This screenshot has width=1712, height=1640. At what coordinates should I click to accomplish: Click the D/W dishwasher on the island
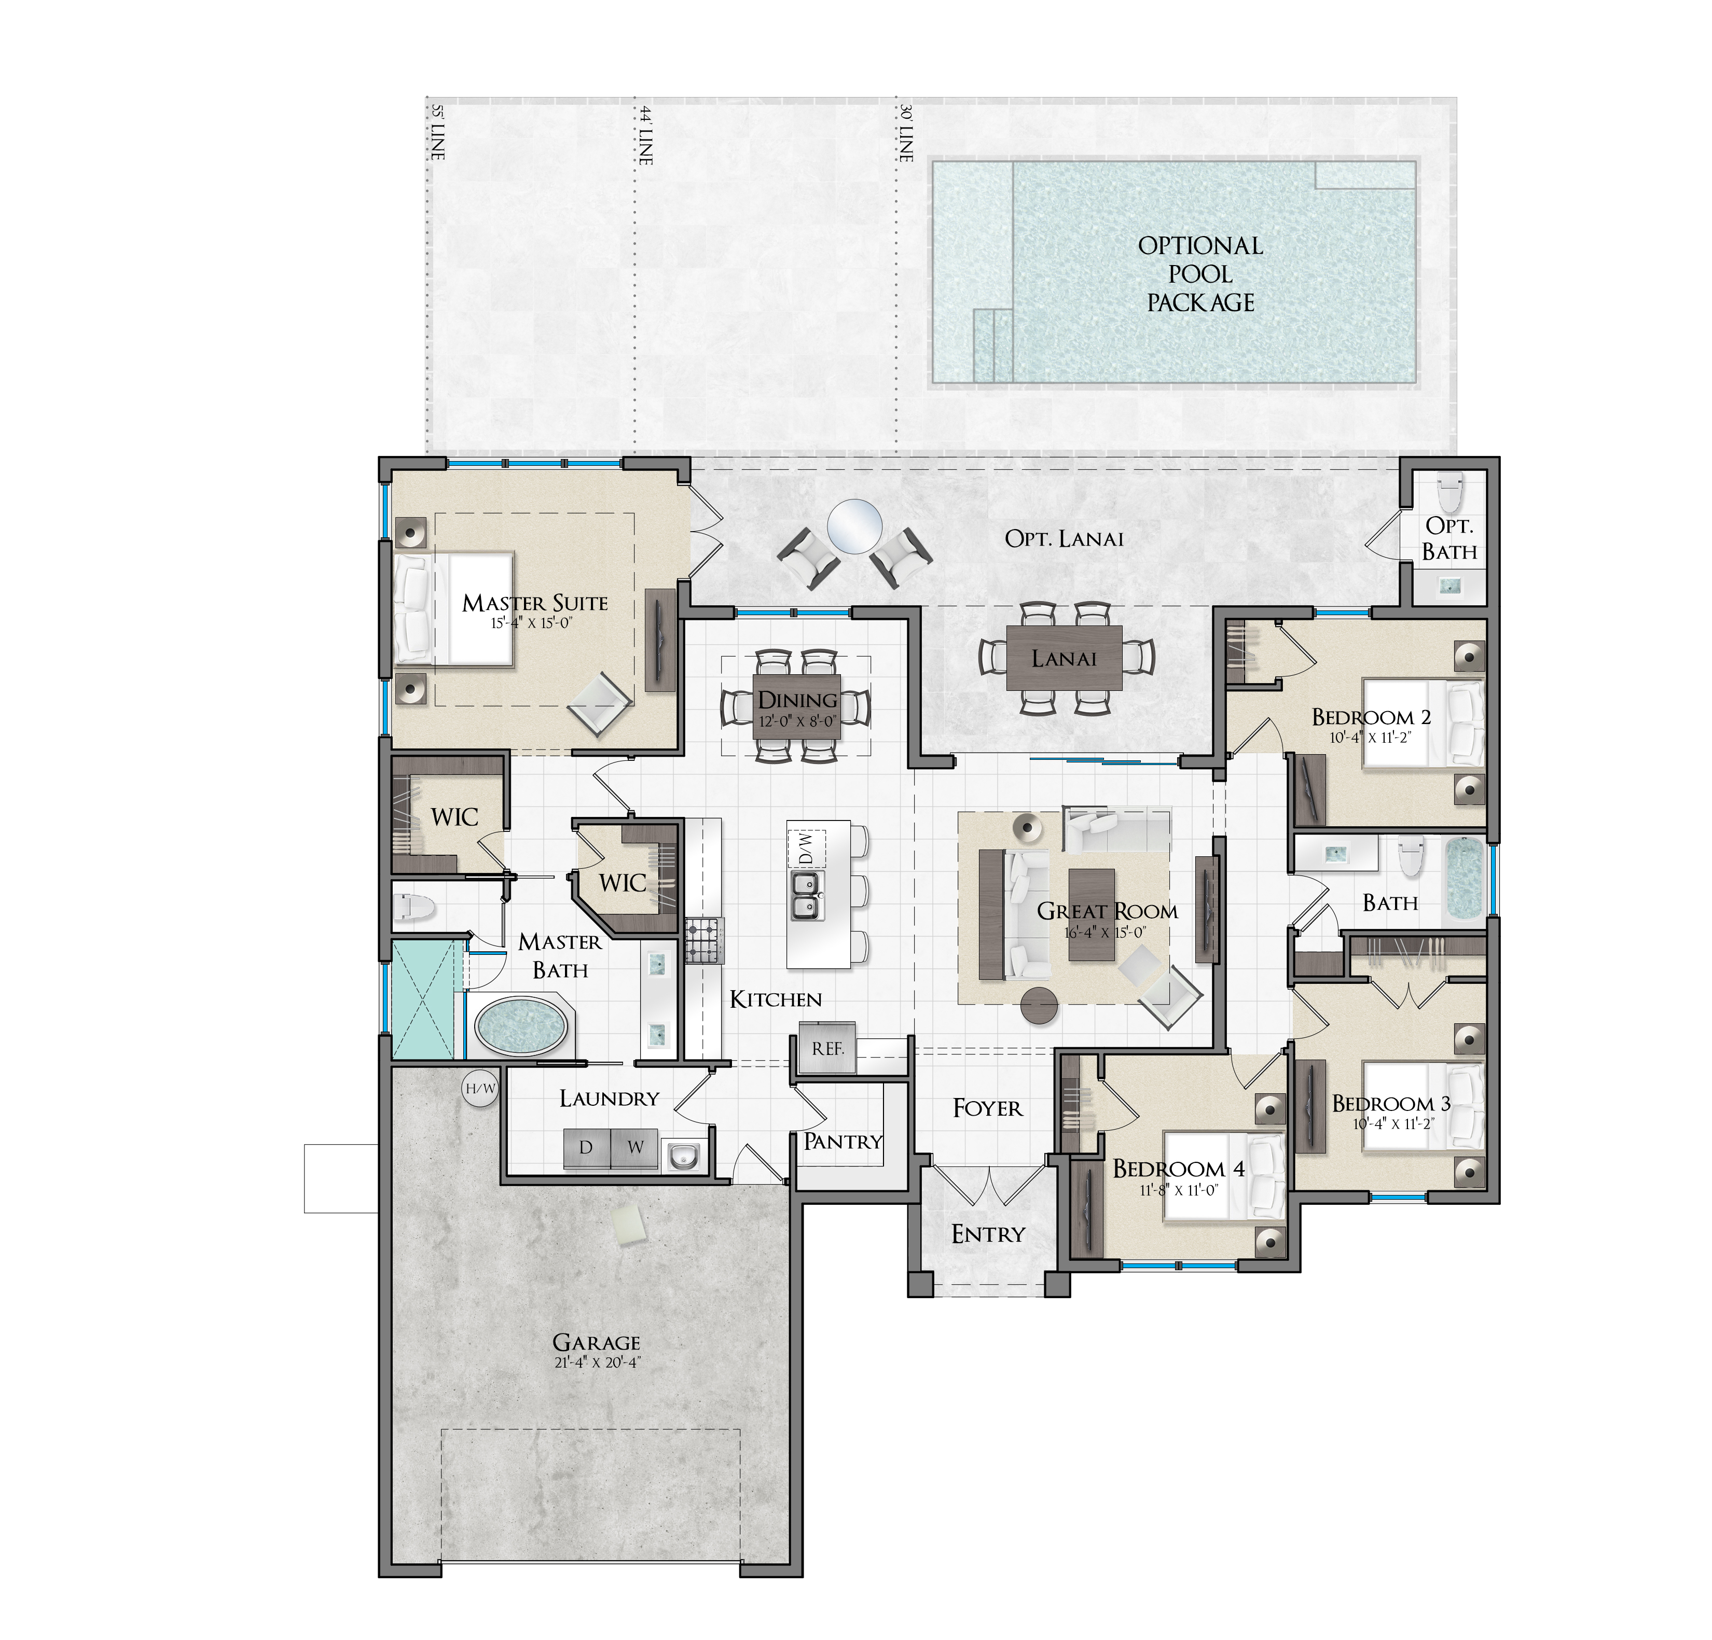805,847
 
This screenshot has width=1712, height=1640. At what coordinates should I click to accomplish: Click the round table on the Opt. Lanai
854,526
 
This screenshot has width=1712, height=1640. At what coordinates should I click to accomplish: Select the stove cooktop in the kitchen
705,940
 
